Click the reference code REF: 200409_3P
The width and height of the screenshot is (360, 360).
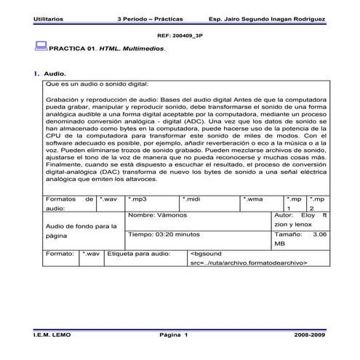[x=180, y=34]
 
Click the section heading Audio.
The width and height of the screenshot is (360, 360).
[x=55, y=74]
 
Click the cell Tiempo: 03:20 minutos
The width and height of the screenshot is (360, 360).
[x=164, y=235]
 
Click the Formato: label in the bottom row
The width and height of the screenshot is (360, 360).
[x=59, y=254]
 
